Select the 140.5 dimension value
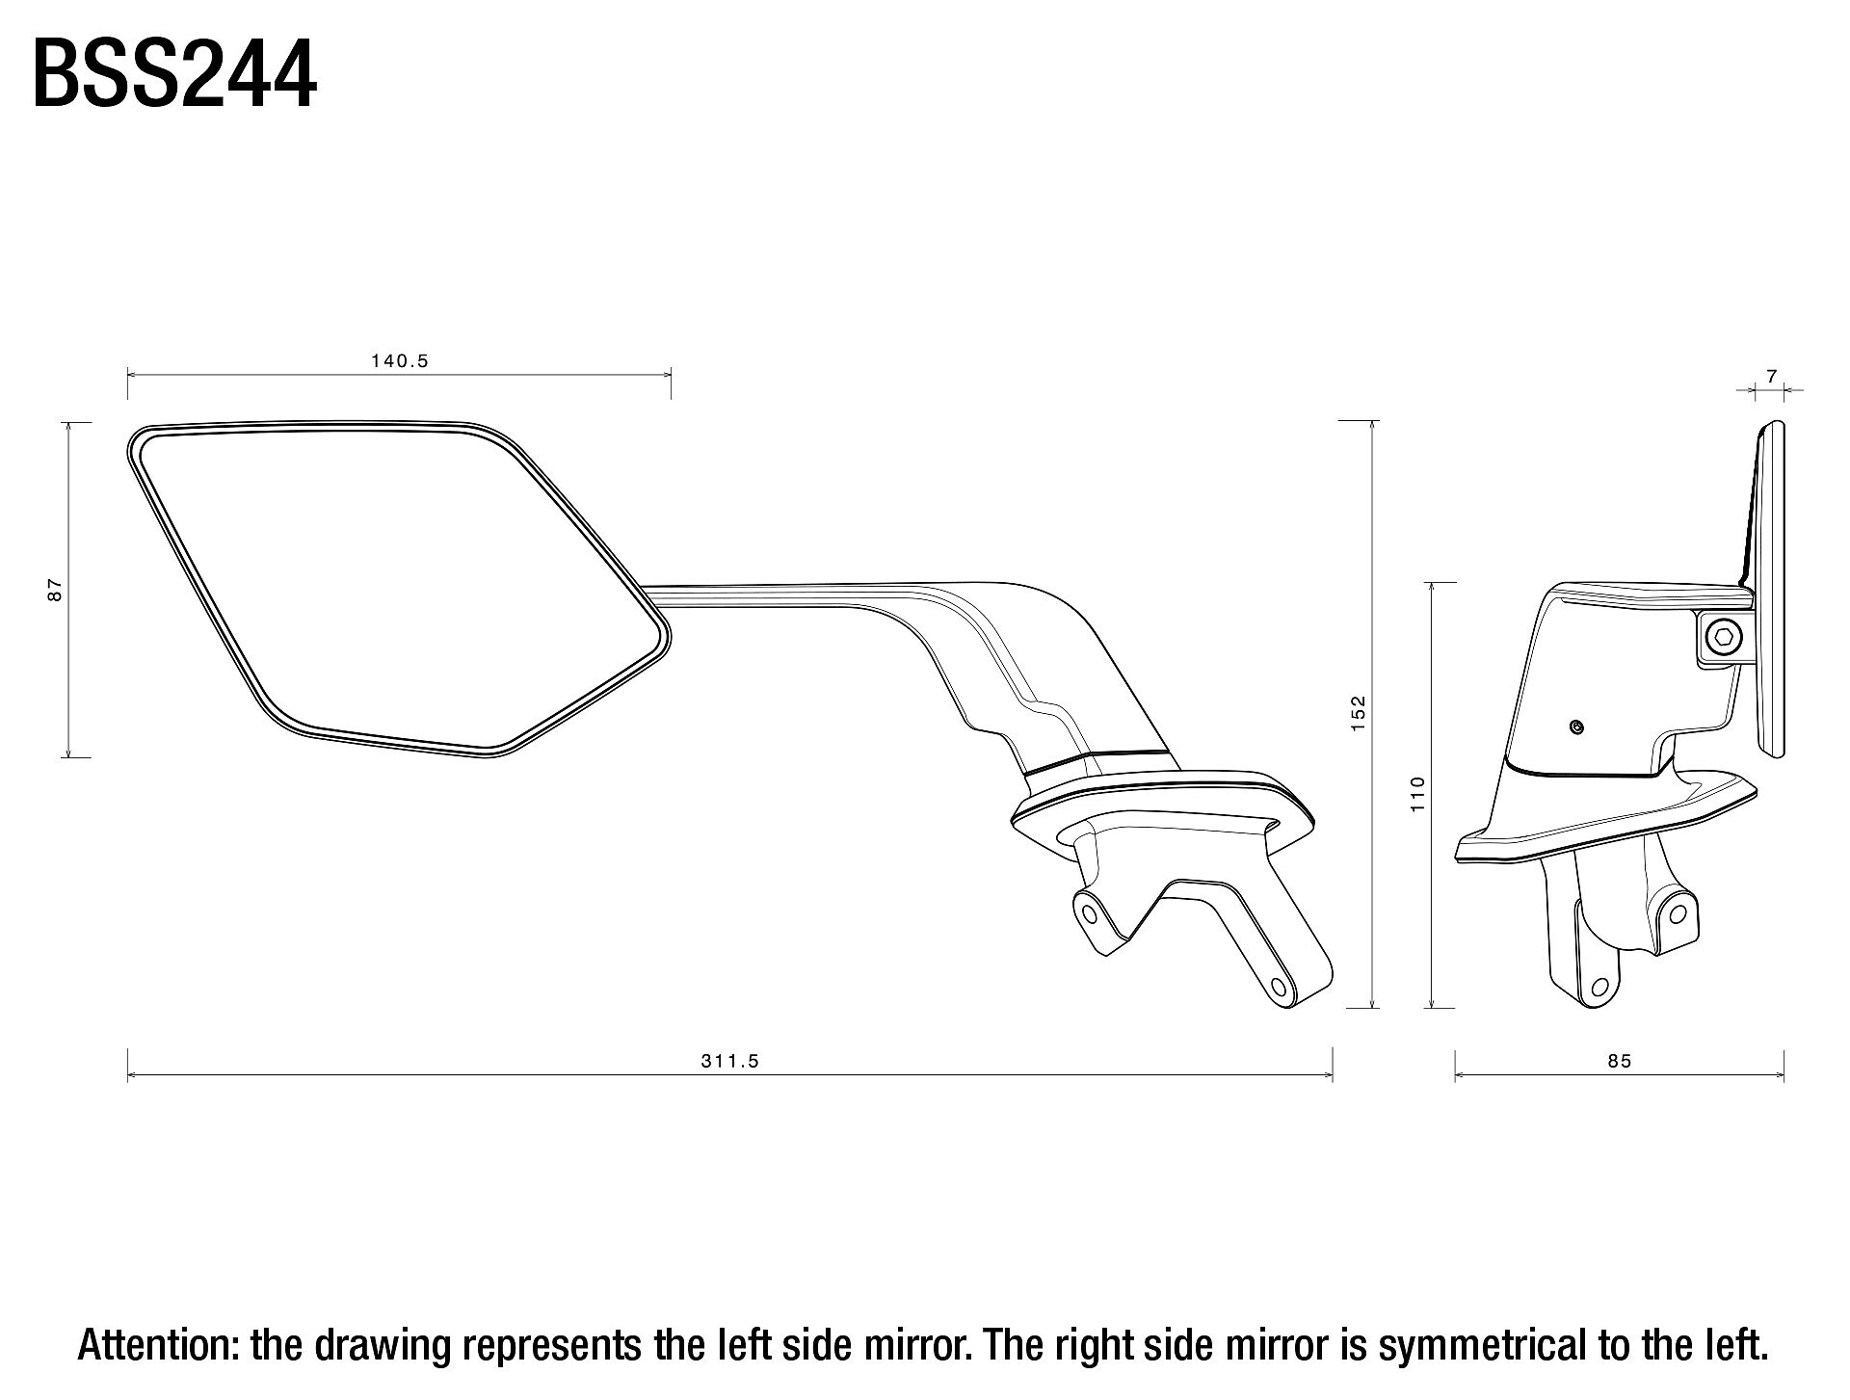point(399,361)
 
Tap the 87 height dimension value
point(55,590)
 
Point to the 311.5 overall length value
point(729,1061)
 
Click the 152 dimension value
point(1359,713)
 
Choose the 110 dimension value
point(1416,794)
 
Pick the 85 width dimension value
point(1620,1061)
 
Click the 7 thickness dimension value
point(1771,377)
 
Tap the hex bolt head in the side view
point(1724,637)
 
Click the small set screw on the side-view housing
point(1576,727)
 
